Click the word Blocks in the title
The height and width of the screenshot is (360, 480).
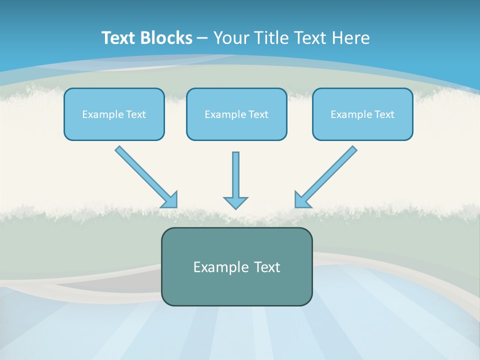(166, 37)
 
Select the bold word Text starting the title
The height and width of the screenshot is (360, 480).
(118, 37)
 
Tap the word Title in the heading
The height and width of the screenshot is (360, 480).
(272, 37)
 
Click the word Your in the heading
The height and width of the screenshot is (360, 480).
(231, 37)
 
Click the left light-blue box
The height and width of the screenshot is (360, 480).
(114, 114)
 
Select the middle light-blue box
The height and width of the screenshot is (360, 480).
(236, 114)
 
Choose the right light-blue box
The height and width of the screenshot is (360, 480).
(363, 114)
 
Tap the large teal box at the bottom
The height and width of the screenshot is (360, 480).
(237, 266)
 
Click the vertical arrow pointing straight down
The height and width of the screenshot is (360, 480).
(235, 180)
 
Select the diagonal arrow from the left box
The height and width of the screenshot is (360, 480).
(146, 177)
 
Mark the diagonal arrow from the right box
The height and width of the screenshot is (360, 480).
(325, 177)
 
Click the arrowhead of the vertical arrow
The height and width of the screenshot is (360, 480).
(235, 202)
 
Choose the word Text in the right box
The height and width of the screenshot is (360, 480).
(384, 114)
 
